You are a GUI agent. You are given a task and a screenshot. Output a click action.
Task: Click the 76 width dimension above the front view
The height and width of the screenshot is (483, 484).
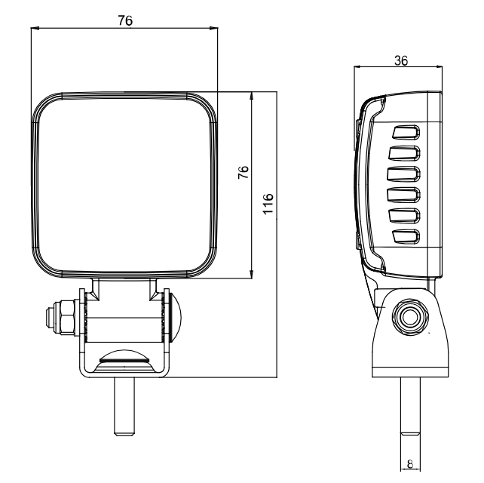click(125, 21)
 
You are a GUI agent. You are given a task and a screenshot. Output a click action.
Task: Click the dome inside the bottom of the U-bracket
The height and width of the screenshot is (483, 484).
click(125, 358)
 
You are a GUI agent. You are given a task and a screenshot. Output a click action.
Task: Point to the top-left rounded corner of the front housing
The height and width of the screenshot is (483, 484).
click(45, 106)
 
